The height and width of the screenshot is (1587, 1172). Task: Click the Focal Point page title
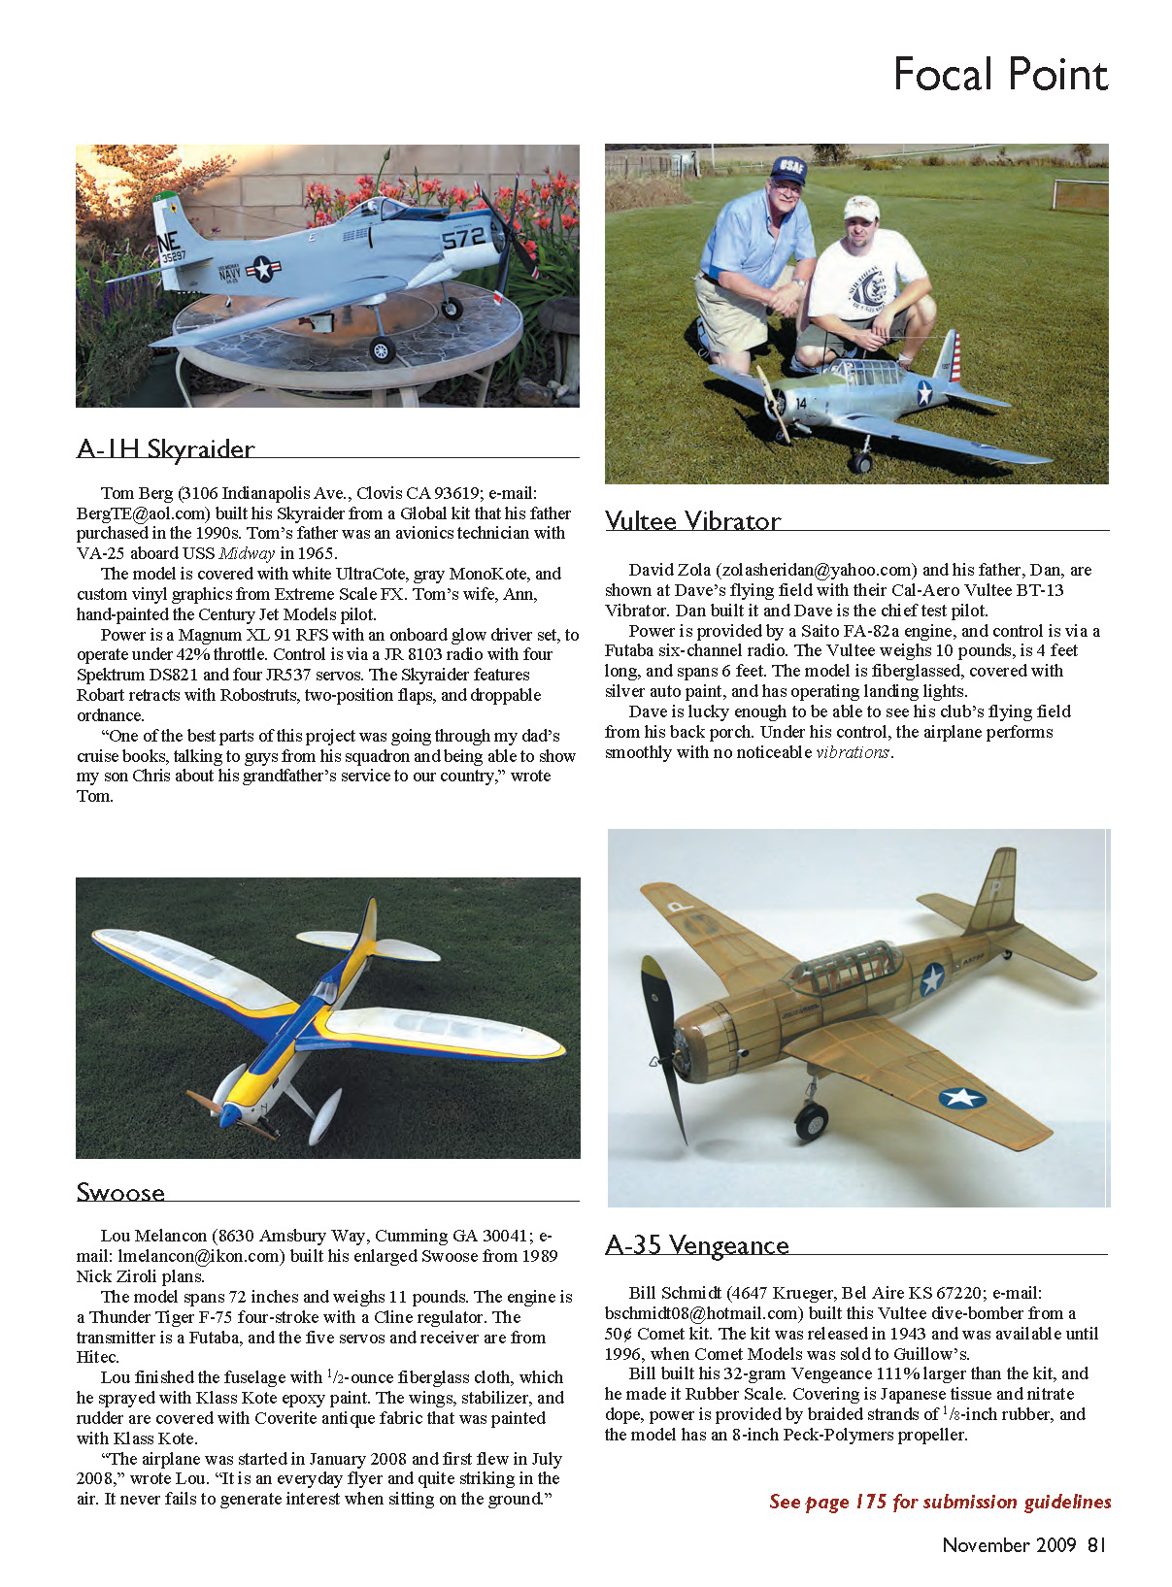[x=1000, y=75]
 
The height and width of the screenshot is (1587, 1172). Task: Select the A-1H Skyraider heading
[x=165, y=449]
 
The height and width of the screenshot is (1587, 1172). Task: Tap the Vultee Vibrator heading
[x=692, y=521]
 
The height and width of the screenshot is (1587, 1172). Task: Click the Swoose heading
[x=120, y=1192]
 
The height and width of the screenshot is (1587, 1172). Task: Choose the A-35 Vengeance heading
[x=696, y=1245]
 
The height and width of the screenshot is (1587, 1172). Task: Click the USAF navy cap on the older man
[x=787, y=170]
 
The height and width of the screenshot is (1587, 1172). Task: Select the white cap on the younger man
[x=860, y=207]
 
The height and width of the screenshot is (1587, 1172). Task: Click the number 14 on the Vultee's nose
[x=801, y=403]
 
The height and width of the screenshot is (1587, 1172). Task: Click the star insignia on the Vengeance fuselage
[x=932, y=978]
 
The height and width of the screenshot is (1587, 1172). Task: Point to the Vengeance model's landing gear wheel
[x=812, y=1122]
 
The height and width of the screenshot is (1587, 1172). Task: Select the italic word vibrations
[x=853, y=752]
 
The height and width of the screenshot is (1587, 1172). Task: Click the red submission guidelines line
[x=939, y=1502]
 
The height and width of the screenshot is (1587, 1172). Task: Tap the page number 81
[x=1096, y=1544]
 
